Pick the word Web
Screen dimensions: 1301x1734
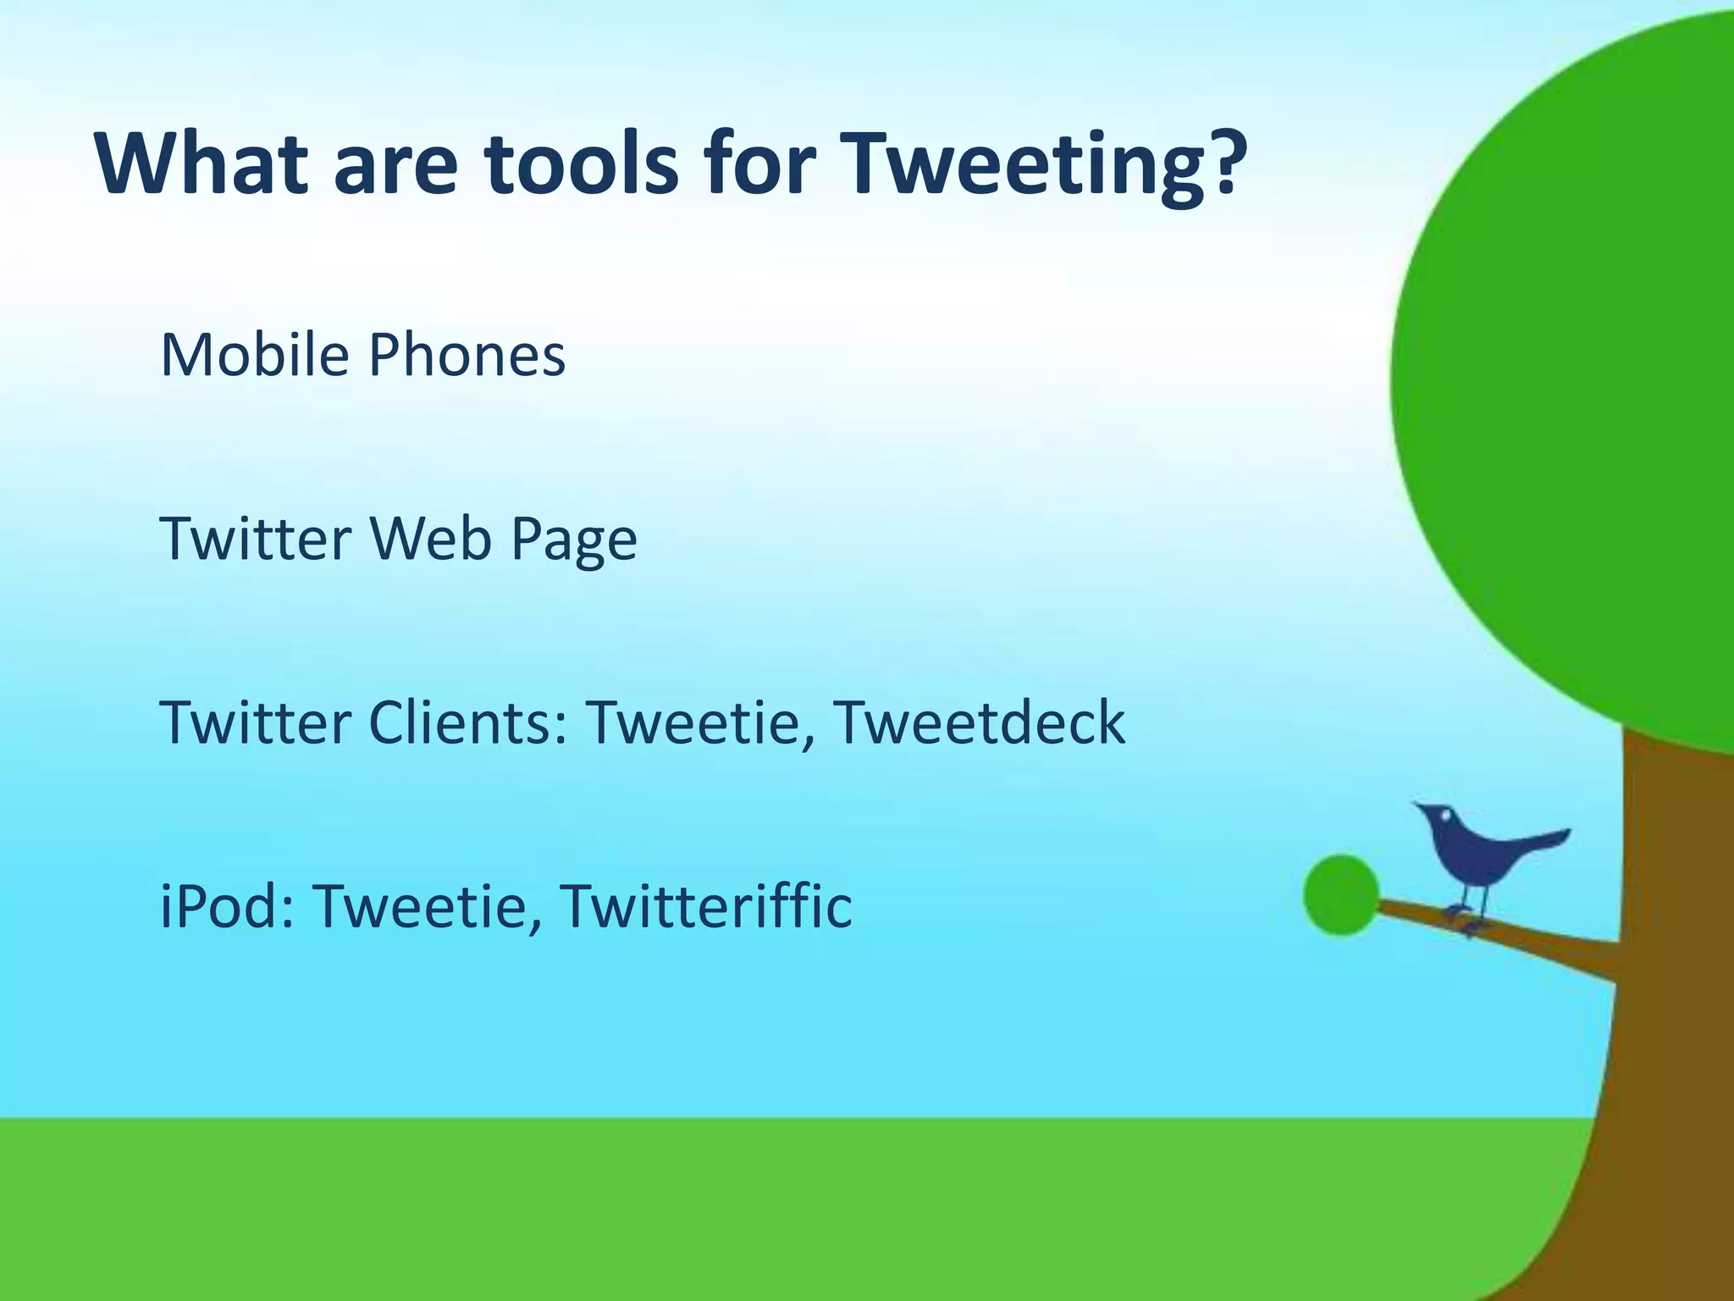coord(430,539)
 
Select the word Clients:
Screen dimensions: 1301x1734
coord(467,722)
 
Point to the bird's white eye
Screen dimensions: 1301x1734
coord(1446,817)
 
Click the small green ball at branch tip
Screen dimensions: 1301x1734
coord(1341,895)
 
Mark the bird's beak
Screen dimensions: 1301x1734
coord(1417,805)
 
